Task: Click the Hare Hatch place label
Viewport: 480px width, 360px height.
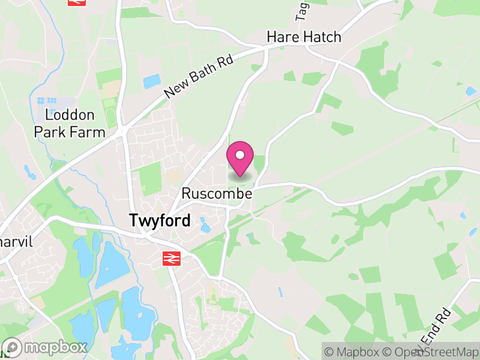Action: click(304, 37)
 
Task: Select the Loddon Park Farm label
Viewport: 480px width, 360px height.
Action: click(70, 123)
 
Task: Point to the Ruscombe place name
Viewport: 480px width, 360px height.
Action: click(217, 194)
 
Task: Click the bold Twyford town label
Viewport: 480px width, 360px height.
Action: click(160, 221)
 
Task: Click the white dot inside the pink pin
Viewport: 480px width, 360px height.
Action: click(240, 155)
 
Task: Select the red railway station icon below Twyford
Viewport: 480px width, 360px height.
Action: click(172, 259)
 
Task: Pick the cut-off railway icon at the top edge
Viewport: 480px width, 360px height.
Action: click(76, 2)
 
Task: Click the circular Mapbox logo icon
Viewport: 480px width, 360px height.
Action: click(12, 347)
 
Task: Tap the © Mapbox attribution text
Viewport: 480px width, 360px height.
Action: click(351, 351)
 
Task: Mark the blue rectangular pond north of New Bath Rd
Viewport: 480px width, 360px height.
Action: click(152, 81)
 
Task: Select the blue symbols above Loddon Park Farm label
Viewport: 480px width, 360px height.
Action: click(46, 100)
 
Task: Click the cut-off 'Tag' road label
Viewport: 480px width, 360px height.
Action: click(301, 8)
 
